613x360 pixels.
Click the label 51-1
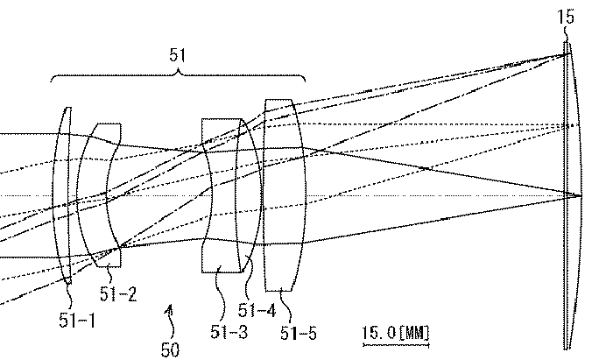tap(77, 321)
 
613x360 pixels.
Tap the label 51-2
tap(118, 294)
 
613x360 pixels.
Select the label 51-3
tap(229, 332)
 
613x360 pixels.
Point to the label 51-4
tap(257, 310)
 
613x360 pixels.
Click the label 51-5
tap(299, 334)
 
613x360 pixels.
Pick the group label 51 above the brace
tap(177, 55)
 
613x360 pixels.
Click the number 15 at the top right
tap(566, 18)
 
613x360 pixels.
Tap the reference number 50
tap(170, 349)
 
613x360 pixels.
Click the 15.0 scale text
tap(379, 333)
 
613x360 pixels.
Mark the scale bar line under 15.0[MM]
tap(396, 345)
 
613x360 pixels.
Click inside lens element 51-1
tap(62, 195)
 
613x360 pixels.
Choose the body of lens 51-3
tap(222, 195)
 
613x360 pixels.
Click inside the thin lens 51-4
tap(248, 195)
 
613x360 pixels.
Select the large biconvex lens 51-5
tap(285, 195)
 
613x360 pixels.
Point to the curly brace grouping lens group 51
tap(178, 75)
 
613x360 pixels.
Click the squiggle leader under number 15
tap(566, 34)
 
